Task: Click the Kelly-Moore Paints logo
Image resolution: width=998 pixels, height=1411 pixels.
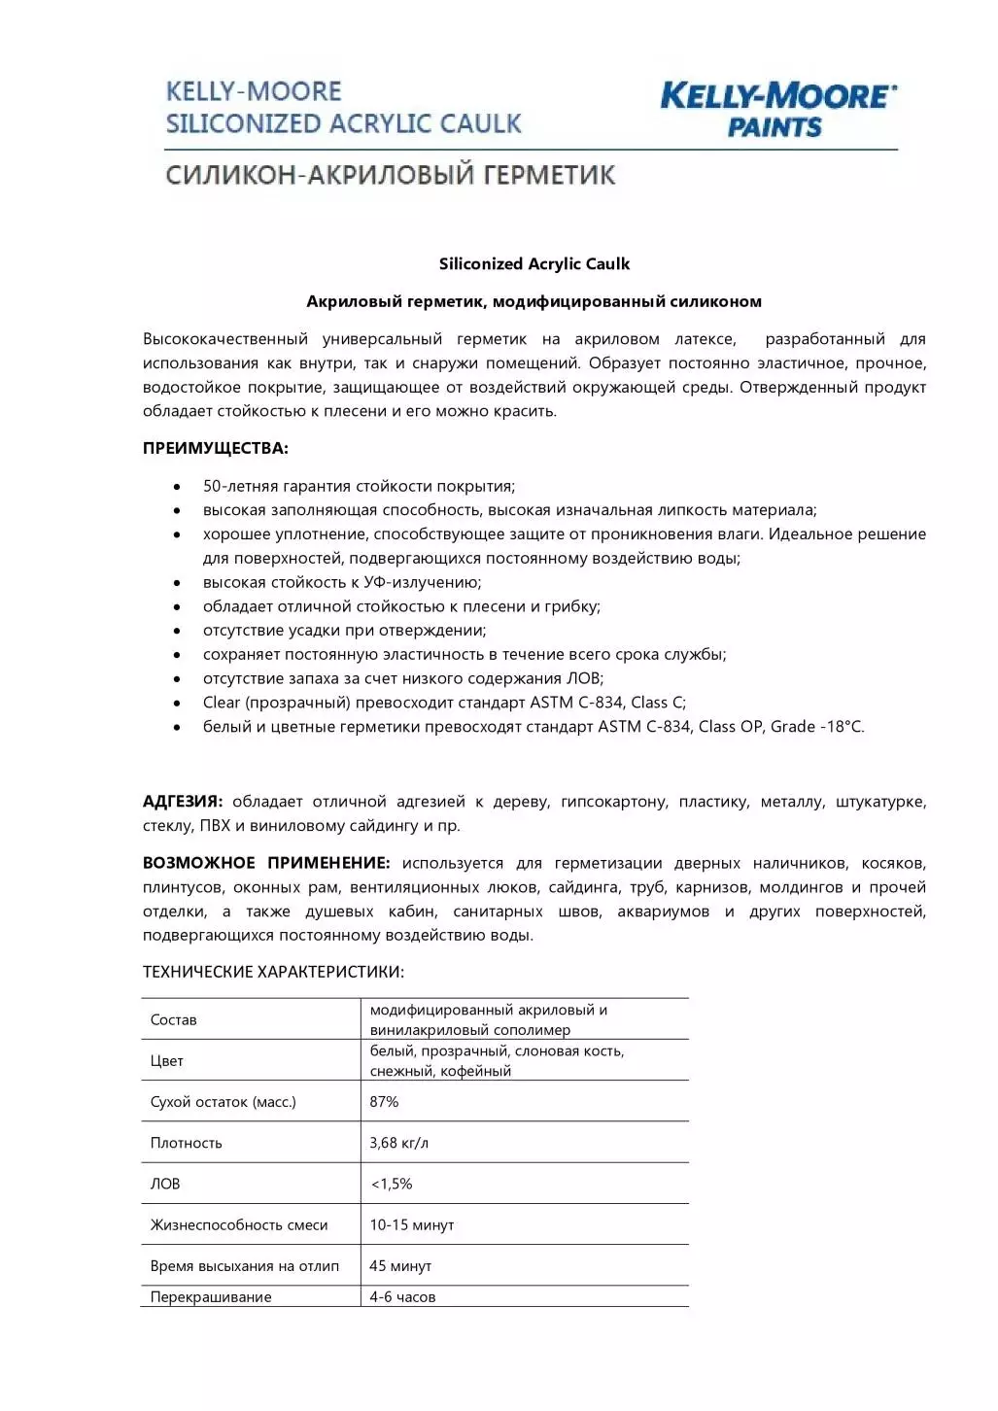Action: [x=777, y=109]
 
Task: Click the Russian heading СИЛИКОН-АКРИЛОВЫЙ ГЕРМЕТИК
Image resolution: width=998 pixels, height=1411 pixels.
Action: [x=391, y=175]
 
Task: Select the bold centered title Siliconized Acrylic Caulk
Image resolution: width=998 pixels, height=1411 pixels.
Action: [x=534, y=263]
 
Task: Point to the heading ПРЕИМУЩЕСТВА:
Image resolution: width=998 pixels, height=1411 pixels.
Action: [x=215, y=448]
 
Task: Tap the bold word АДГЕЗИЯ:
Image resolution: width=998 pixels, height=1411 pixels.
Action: [x=183, y=802]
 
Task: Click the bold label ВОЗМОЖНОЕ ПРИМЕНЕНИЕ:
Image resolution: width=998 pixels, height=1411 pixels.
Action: [x=266, y=863]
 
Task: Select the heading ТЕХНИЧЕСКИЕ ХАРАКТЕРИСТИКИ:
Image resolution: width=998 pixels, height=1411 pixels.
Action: [x=273, y=972]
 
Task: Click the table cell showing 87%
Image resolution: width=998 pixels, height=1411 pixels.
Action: [x=384, y=1102]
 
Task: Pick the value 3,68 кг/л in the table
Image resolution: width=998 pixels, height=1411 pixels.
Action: [x=398, y=1143]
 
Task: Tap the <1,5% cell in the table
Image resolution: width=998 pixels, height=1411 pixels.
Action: [x=392, y=1184]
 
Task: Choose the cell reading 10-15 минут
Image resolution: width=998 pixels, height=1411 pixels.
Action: [x=411, y=1225]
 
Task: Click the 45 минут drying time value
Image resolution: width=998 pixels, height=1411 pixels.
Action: [x=400, y=1266]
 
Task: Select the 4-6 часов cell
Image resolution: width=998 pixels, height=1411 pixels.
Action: [x=402, y=1297]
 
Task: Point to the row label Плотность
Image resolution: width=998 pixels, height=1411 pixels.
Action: [x=186, y=1143]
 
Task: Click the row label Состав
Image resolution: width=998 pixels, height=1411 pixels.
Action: [x=173, y=1019]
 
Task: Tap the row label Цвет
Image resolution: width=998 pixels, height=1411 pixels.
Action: [x=166, y=1061]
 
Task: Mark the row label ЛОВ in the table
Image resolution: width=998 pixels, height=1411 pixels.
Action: [x=164, y=1184]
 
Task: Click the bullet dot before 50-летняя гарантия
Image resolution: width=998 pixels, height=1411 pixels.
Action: [x=177, y=487]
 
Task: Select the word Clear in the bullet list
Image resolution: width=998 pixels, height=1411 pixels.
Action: [x=222, y=703]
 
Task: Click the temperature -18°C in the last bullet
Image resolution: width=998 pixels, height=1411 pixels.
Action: [x=841, y=727]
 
